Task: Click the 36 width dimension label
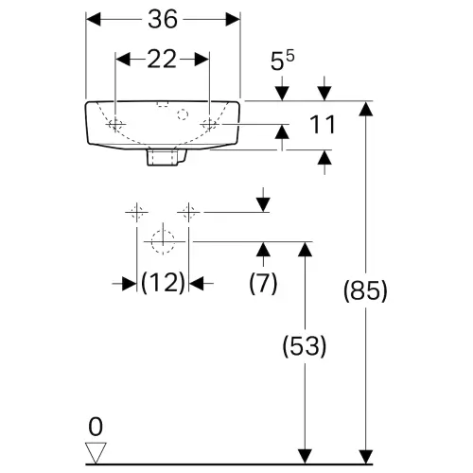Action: (x=163, y=20)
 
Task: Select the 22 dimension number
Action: (x=162, y=60)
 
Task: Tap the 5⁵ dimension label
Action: (x=283, y=61)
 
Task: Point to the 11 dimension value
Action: (x=322, y=125)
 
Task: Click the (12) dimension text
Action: (x=163, y=283)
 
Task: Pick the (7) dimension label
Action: (x=263, y=283)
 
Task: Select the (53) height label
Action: (x=305, y=346)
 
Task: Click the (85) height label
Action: (x=365, y=290)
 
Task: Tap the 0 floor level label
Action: (x=96, y=427)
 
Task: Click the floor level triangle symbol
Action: (x=96, y=453)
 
